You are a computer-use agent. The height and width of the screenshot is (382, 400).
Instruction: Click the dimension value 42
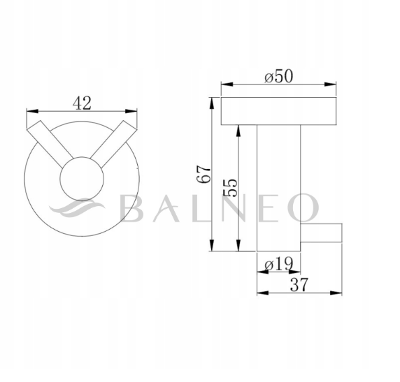tap(83, 103)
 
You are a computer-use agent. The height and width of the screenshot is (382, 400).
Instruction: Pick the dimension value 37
tap(299, 284)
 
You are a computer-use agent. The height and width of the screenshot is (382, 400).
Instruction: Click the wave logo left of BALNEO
tap(78, 207)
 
